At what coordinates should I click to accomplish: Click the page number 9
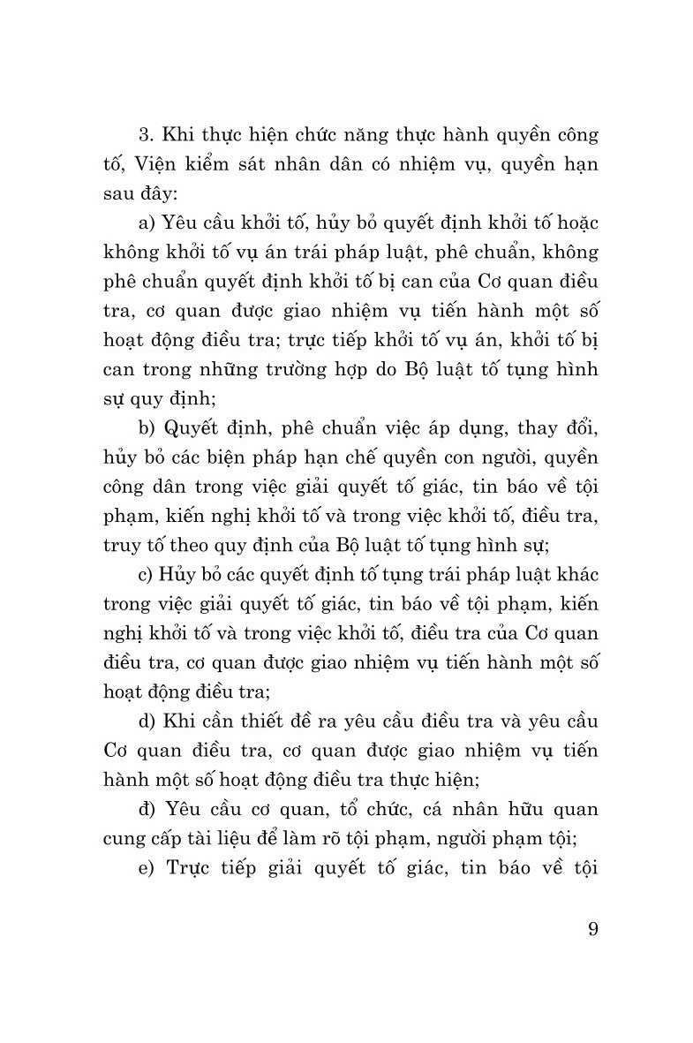click(x=591, y=930)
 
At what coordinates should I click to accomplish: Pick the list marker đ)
click(x=147, y=809)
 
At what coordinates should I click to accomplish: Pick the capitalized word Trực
click(x=192, y=867)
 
